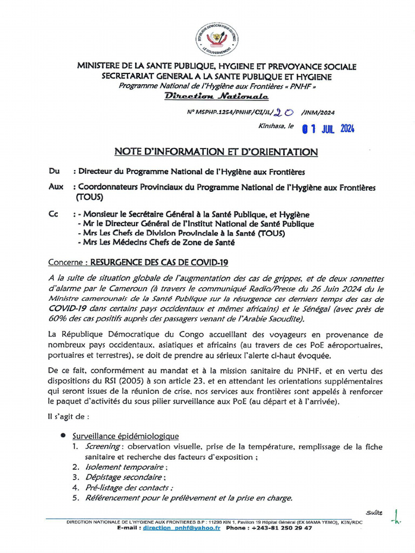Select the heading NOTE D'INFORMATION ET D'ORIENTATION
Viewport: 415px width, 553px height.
[216, 152]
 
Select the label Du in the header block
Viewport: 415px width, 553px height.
[54, 172]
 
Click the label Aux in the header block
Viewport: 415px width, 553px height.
[56, 187]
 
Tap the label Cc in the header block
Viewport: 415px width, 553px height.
[53, 215]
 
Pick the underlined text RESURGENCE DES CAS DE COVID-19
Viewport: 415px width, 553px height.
[159, 262]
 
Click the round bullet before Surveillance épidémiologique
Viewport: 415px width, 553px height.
[63, 435]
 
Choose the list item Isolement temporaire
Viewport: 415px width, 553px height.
[125, 467]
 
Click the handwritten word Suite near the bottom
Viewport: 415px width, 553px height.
[373, 512]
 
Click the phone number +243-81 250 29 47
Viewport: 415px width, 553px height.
[282, 528]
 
